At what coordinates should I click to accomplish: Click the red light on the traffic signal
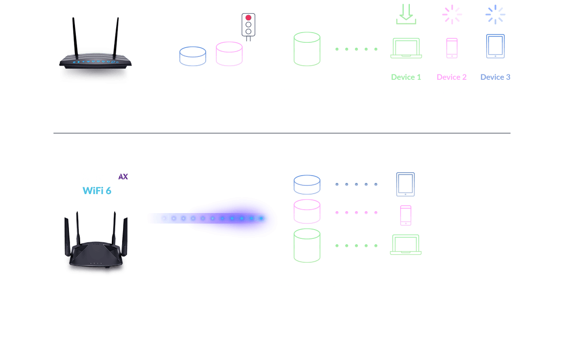pyautogui.click(x=248, y=18)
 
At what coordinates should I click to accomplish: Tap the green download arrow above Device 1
pyautogui.click(x=406, y=15)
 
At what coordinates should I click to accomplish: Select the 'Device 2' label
pyautogui.click(x=452, y=77)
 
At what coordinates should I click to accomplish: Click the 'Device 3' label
pyautogui.click(x=495, y=77)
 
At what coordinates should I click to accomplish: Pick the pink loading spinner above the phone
pyautogui.click(x=452, y=15)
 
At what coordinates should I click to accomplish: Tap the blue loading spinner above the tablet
pyautogui.click(x=495, y=15)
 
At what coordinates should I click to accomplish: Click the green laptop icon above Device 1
pyautogui.click(x=406, y=48)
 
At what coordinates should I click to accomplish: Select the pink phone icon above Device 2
pyautogui.click(x=452, y=48)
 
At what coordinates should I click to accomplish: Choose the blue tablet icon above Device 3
pyautogui.click(x=495, y=46)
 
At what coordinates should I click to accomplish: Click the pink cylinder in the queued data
pyautogui.click(x=229, y=54)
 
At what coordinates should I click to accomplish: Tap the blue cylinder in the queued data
pyautogui.click(x=193, y=56)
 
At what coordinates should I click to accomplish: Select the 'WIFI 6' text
pyautogui.click(x=97, y=190)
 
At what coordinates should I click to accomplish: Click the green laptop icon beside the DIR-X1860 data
pyautogui.click(x=405, y=245)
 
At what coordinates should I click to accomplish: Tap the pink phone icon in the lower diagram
pyautogui.click(x=405, y=215)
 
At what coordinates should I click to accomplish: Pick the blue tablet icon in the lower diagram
pyautogui.click(x=405, y=184)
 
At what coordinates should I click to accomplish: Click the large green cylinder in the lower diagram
pyautogui.click(x=307, y=245)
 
